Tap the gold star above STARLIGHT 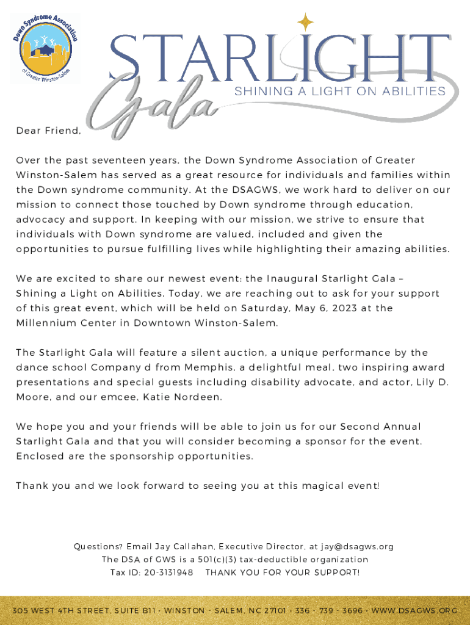pyautogui.click(x=305, y=23)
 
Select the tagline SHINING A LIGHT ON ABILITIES pyautogui.click(x=340, y=91)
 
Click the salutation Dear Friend pyautogui.click(x=48, y=131)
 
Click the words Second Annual pyautogui.click(x=380, y=426)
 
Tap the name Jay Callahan pyautogui.click(x=182, y=546)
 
